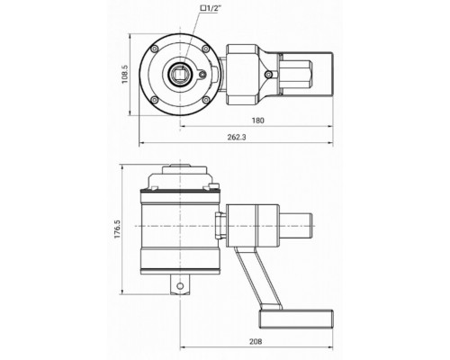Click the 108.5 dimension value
[x=125, y=75]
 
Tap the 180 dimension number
[x=258, y=121]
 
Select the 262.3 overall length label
[x=237, y=138]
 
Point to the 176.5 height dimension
[x=117, y=229]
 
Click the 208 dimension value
[x=256, y=341]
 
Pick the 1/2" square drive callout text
[x=209, y=8]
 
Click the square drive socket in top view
[x=179, y=75]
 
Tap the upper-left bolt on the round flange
[x=155, y=49]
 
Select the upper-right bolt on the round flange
[x=205, y=49]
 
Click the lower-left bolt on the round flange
[x=155, y=100]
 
